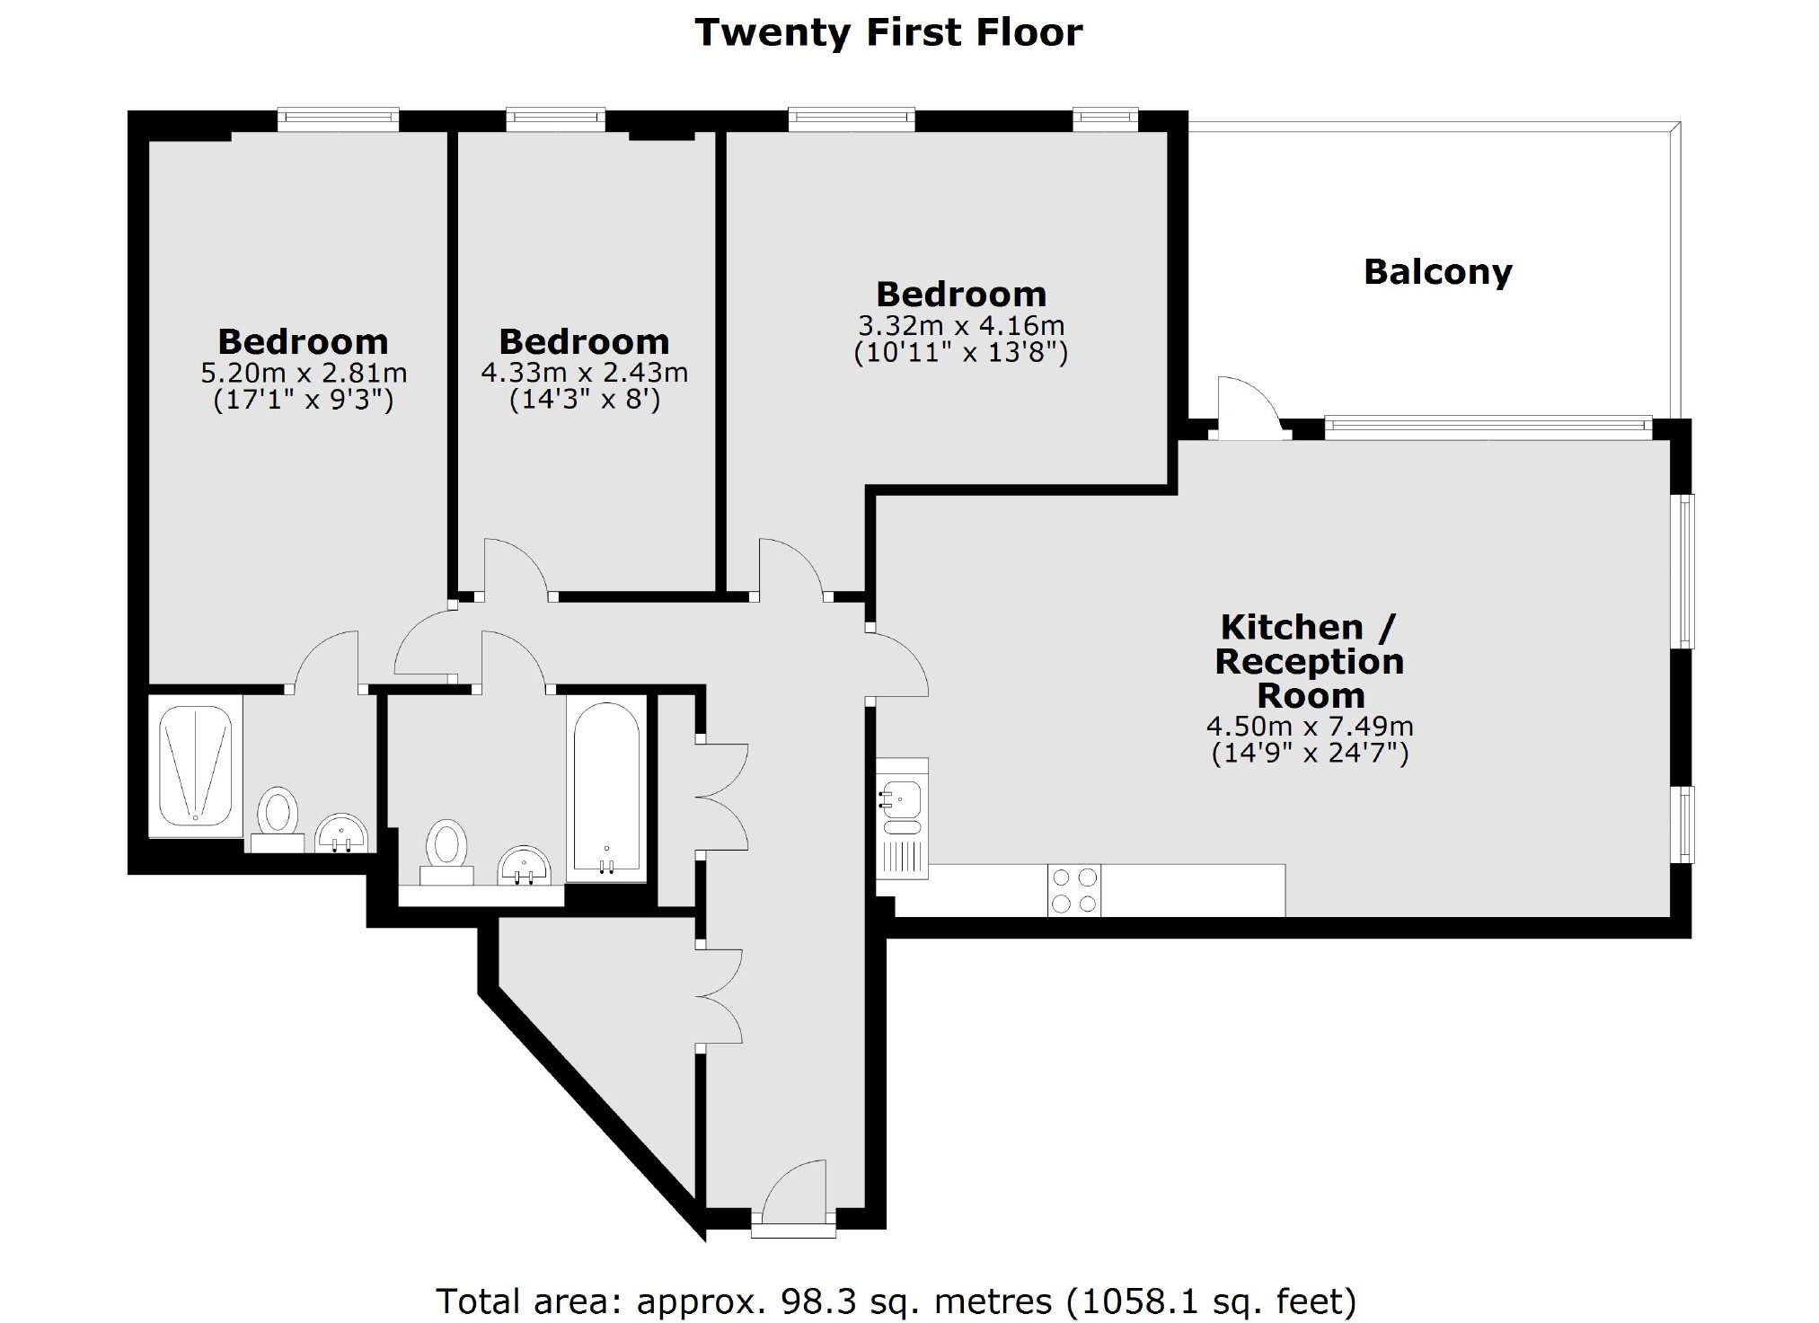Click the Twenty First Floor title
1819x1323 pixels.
tap(888, 33)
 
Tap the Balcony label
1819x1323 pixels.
tap(1437, 272)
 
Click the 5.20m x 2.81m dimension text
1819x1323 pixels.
tap(304, 372)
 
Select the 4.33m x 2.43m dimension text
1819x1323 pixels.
tap(585, 372)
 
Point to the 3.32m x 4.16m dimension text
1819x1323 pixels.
tap(960, 324)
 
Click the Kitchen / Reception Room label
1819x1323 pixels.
tap(1309, 661)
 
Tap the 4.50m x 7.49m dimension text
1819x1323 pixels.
tap(1310, 726)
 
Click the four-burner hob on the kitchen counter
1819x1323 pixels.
tap(1073, 890)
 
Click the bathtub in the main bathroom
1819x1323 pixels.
tap(606, 787)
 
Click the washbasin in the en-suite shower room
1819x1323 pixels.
tap(342, 833)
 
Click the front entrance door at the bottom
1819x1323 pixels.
tap(795, 1190)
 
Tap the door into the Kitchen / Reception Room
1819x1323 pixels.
tap(898, 665)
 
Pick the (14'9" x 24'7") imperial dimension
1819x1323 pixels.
tap(1310, 753)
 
